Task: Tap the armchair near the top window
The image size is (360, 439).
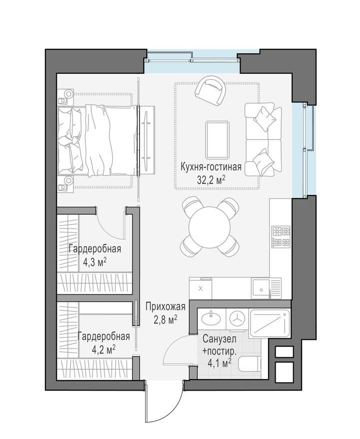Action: point(210,90)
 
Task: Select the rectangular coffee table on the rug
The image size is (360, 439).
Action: point(218,140)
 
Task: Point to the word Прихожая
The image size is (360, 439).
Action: point(166,307)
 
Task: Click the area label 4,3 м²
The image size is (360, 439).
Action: point(95,262)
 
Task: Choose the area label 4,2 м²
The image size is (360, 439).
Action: point(104,349)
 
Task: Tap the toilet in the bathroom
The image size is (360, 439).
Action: point(249,365)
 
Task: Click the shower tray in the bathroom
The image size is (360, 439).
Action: point(269,323)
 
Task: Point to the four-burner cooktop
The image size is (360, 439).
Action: point(281,237)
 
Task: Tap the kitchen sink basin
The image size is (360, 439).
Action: point(261,288)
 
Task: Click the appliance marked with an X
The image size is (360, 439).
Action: point(200,288)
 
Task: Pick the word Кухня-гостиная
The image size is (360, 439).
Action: point(211,167)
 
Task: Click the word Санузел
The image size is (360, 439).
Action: point(219,339)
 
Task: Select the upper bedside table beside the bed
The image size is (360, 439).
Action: point(66,97)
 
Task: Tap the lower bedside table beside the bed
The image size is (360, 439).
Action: point(66,184)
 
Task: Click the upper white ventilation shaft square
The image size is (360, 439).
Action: point(285,352)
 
